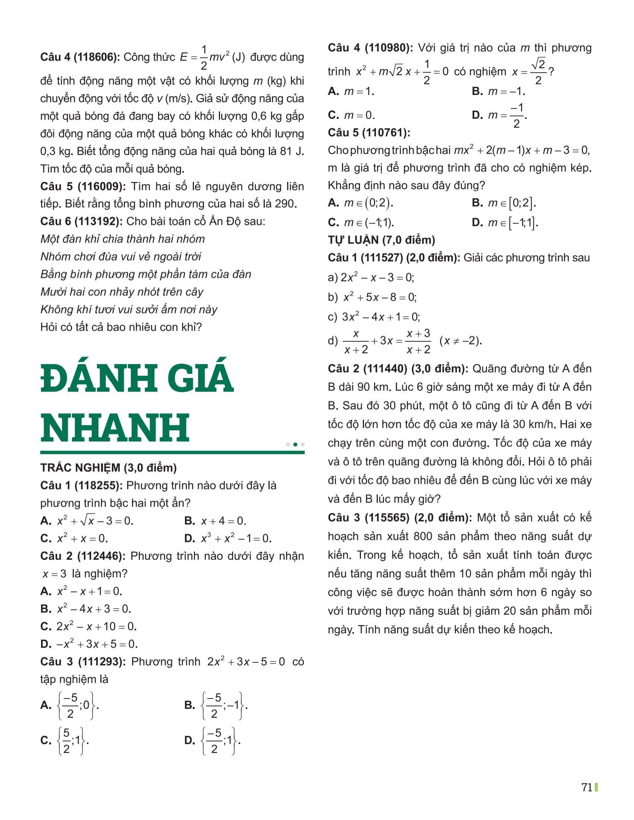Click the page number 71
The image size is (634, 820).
pyautogui.click(x=587, y=787)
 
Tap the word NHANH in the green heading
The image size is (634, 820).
pyautogui.click(x=115, y=427)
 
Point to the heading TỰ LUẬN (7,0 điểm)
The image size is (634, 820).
pyautogui.click(x=381, y=240)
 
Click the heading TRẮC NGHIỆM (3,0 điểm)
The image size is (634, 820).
pyautogui.click(x=108, y=467)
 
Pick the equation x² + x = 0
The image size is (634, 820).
pyautogui.click(x=82, y=539)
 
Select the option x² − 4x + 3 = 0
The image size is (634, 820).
pyautogui.click(x=94, y=609)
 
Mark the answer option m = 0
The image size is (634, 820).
pyautogui.click(x=359, y=115)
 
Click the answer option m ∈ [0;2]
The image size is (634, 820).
pyautogui.click(x=512, y=203)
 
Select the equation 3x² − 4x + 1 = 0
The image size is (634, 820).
pyautogui.click(x=380, y=317)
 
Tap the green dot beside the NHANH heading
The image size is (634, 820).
pyautogui.click(x=295, y=445)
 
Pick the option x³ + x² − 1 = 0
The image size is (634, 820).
pyautogui.click(x=236, y=539)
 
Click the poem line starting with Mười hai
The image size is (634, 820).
pyautogui.click(x=122, y=292)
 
